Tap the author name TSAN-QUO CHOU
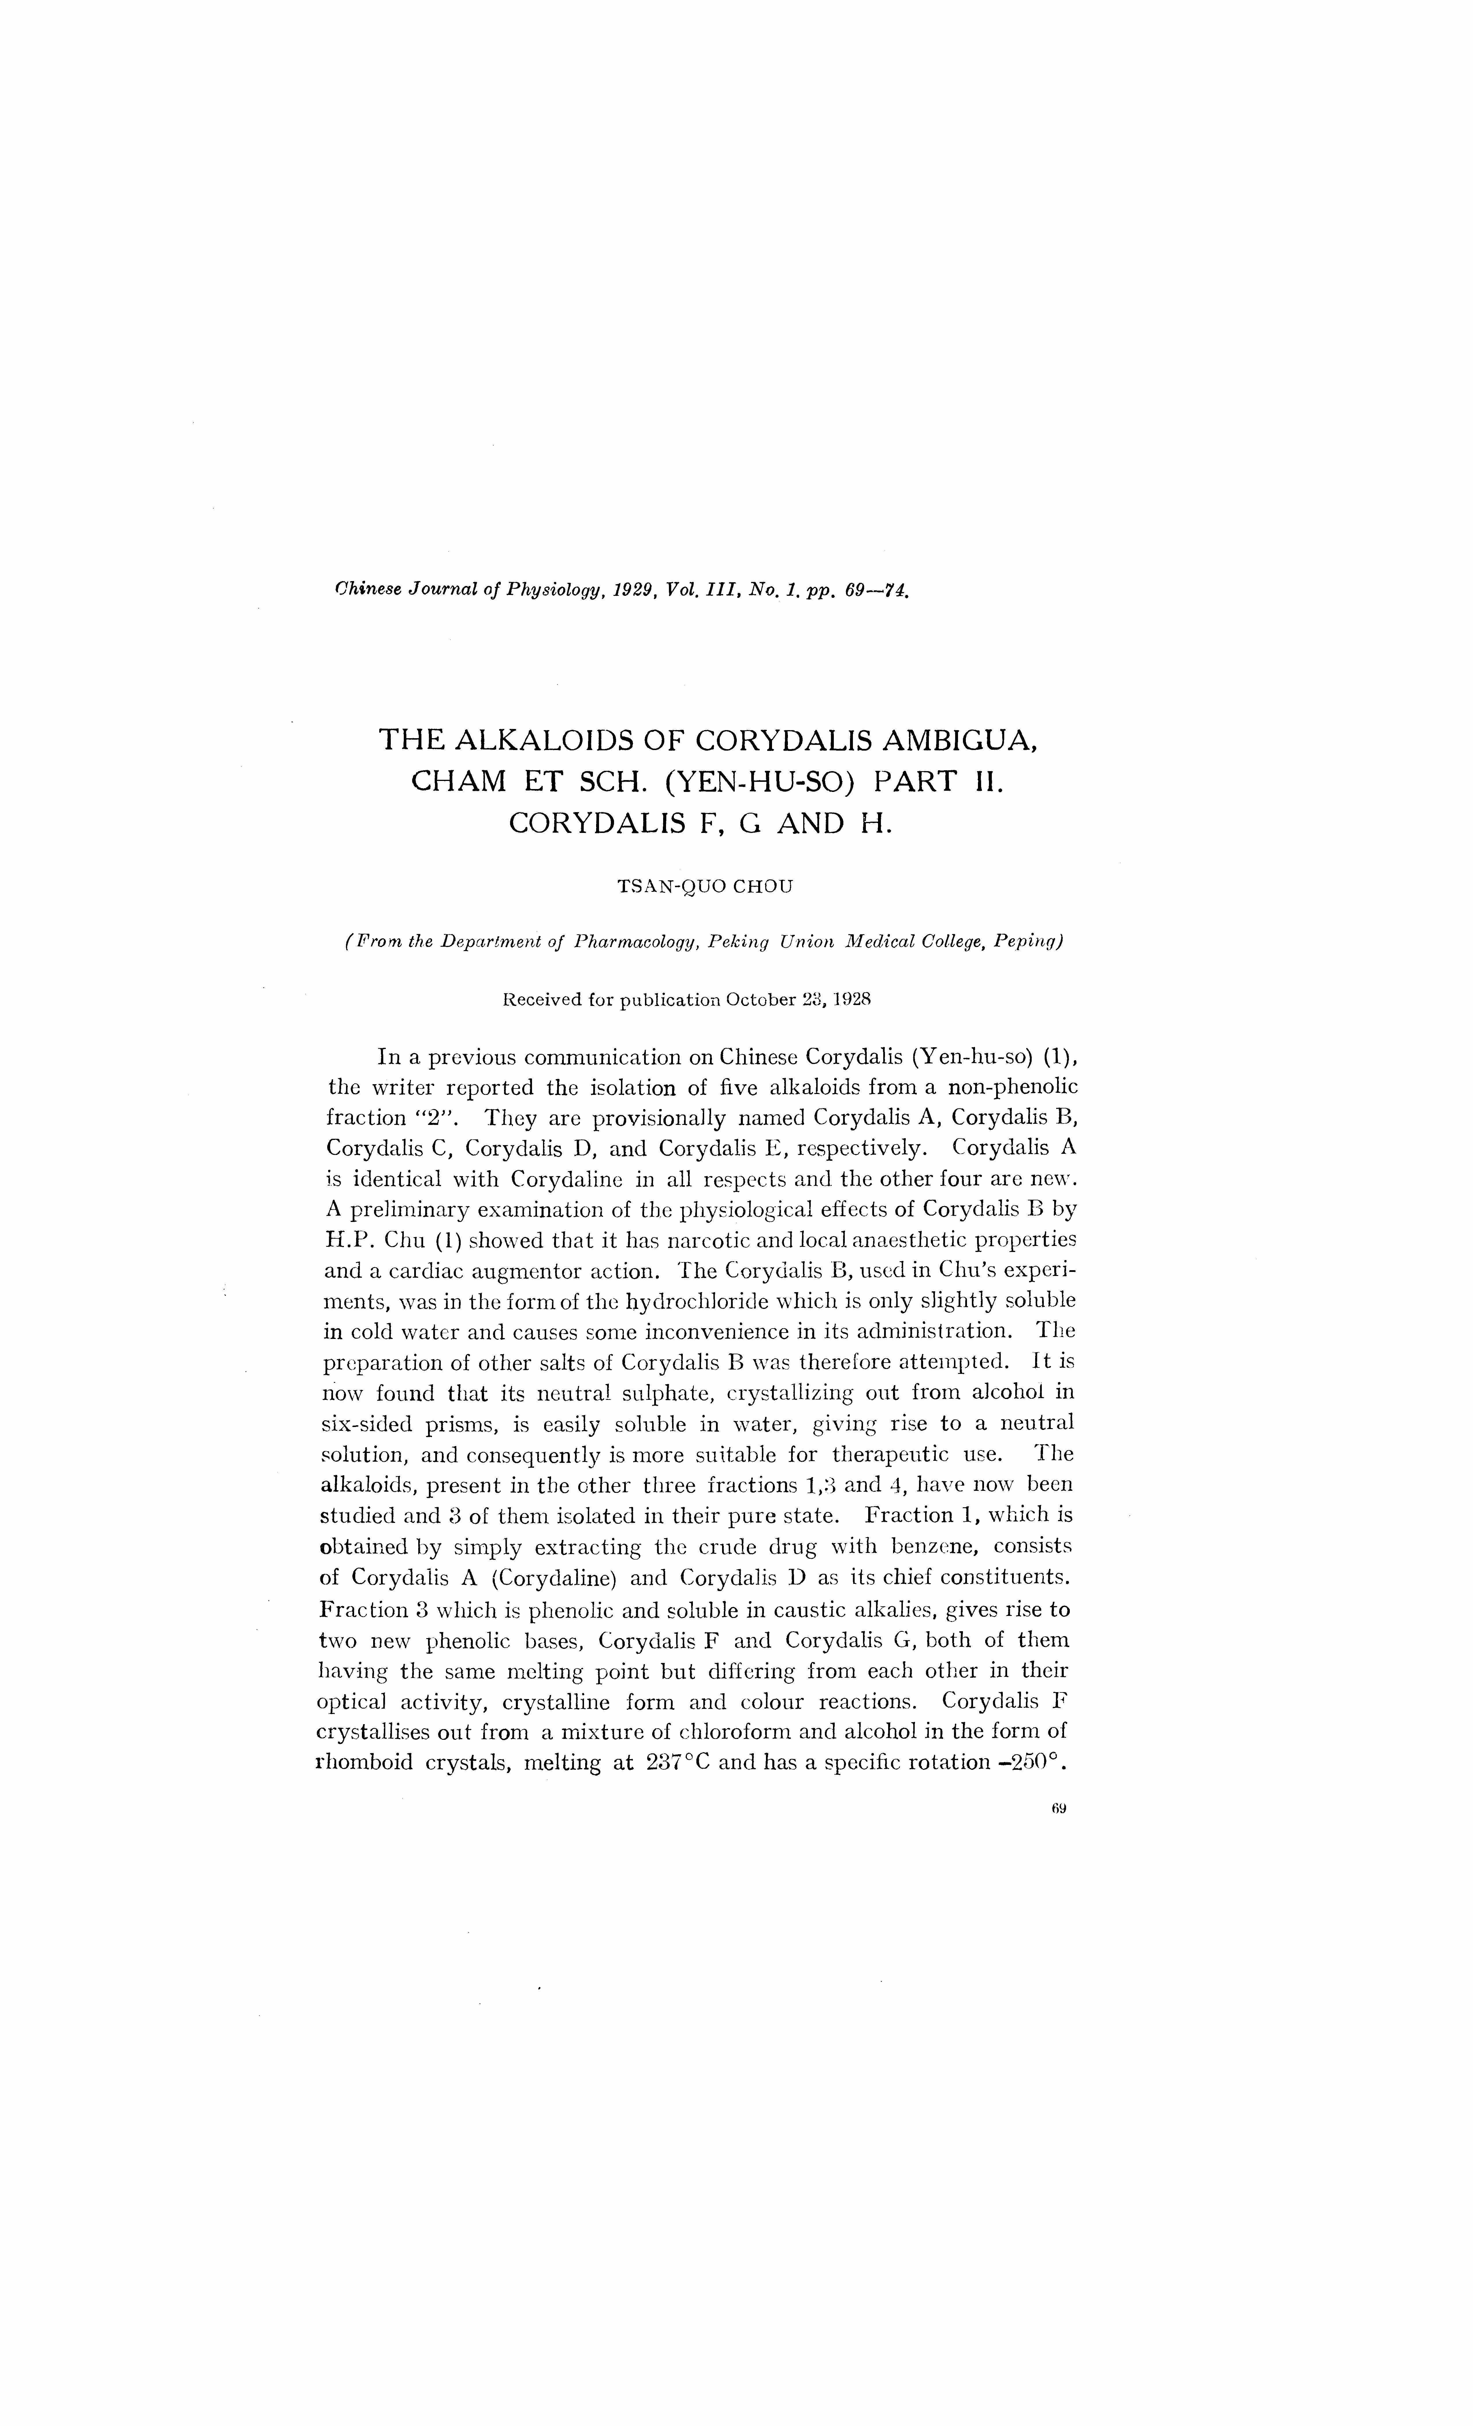[704, 886]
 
